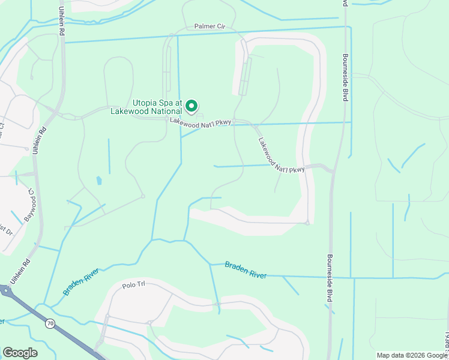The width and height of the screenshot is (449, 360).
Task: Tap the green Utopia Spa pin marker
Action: click(x=191, y=107)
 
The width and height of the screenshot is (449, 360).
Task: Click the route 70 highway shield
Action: click(x=50, y=323)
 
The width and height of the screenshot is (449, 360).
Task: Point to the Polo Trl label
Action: click(x=134, y=286)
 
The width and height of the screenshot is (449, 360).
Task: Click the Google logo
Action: click(x=20, y=353)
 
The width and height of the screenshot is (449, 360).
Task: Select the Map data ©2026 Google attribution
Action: click(x=412, y=355)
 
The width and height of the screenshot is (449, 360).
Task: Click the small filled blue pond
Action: click(x=99, y=179)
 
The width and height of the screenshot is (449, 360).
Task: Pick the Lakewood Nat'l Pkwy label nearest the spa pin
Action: click(x=200, y=122)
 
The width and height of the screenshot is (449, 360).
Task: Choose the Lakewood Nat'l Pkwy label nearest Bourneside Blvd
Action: click(x=282, y=157)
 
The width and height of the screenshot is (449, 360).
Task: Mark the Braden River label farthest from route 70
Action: click(x=246, y=269)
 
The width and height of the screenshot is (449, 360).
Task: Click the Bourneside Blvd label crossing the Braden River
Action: click(x=330, y=279)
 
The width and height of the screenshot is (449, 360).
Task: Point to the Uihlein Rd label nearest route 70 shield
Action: click(x=20, y=272)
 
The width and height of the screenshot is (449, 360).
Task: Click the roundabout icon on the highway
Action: click(x=5, y=292)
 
